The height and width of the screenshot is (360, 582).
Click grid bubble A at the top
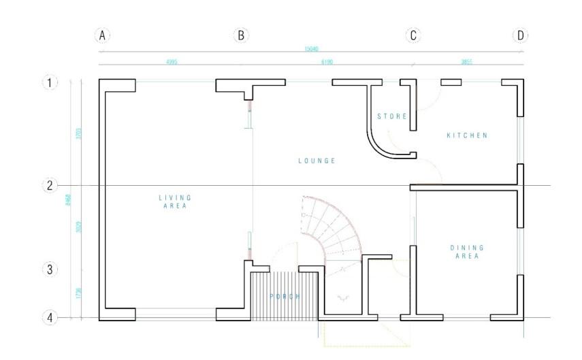click(x=102, y=35)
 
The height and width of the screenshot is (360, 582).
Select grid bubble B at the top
click(x=240, y=35)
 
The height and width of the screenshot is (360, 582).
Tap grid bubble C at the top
click(x=413, y=35)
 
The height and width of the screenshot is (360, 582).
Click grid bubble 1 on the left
click(x=50, y=83)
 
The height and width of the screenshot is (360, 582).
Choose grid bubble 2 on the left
click(x=50, y=185)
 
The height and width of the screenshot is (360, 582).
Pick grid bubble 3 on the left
click(x=50, y=269)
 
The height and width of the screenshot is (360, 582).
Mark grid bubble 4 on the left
click(x=50, y=317)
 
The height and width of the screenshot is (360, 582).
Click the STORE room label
click(x=392, y=116)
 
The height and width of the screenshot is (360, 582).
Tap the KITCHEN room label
click(x=467, y=135)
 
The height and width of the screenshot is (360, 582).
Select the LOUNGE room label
click(x=317, y=161)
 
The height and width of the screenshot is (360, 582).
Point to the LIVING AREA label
click(x=175, y=201)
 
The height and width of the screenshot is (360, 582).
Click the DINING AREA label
click(x=467, y=252)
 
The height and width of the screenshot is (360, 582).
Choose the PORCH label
click(x=285, y=297)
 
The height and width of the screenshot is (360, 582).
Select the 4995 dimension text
click(x=171, y=62)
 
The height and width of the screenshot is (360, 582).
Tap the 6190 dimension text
click(x=327, y=62)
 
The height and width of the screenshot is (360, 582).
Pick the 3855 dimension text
click(x=467, y=62)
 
